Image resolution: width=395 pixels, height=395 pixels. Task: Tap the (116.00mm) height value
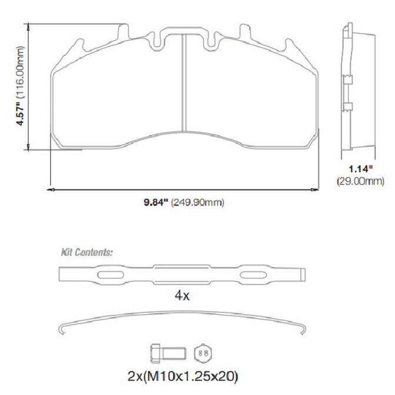tap(20, 72)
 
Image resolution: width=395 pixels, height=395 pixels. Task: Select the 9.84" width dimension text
tap(155, 203)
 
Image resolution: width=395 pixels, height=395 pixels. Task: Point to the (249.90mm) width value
tap(198, 203)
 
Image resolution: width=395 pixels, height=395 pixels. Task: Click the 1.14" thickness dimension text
tap(360, 169)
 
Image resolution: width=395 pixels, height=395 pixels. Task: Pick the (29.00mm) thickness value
tap(360, 181)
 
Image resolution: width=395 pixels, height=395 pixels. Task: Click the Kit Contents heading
tap(87, 252)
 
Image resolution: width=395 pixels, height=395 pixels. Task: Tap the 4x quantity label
tap(182, 296)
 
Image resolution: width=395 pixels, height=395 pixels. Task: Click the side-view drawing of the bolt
tap(168, 353)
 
